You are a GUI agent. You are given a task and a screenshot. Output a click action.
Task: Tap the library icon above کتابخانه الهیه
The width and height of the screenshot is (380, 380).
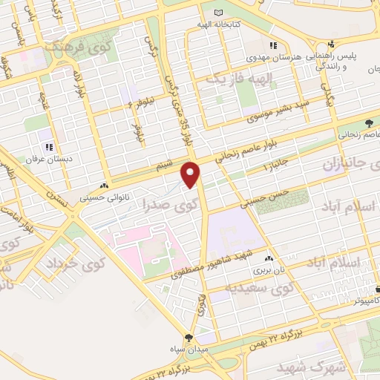pos(217,13)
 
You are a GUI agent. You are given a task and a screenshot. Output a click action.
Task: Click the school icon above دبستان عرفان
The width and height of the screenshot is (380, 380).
pos(49,147)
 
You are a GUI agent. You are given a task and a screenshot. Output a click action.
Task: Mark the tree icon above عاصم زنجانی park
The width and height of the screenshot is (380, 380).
pos(369,123)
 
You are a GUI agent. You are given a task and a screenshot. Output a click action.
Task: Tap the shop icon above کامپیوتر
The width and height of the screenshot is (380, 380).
pos(377,289)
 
